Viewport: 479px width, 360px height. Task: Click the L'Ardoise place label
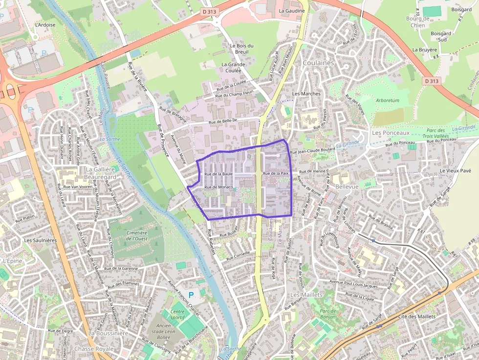[45, 25]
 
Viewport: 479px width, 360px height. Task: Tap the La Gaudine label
[292, 11]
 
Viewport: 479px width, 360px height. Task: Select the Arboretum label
[388, 100]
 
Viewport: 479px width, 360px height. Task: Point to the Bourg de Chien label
[417, 22]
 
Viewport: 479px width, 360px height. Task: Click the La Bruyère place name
[424, 50]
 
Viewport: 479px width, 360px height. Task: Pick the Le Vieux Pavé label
[455, 170]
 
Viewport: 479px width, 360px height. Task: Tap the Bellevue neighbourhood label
[347, 187]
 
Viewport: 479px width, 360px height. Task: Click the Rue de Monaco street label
[218, 187]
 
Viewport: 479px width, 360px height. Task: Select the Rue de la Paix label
[277, 173]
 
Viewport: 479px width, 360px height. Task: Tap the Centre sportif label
[178, 314]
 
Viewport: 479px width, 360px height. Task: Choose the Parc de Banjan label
[329, 314]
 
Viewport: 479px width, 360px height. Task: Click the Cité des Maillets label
[416, 317]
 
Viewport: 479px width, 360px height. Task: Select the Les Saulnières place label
[41, 240]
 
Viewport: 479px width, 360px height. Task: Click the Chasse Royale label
[94, 349]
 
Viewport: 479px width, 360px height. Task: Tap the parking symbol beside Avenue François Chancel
[191, 295]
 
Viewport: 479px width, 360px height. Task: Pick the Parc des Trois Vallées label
[435, 133]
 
